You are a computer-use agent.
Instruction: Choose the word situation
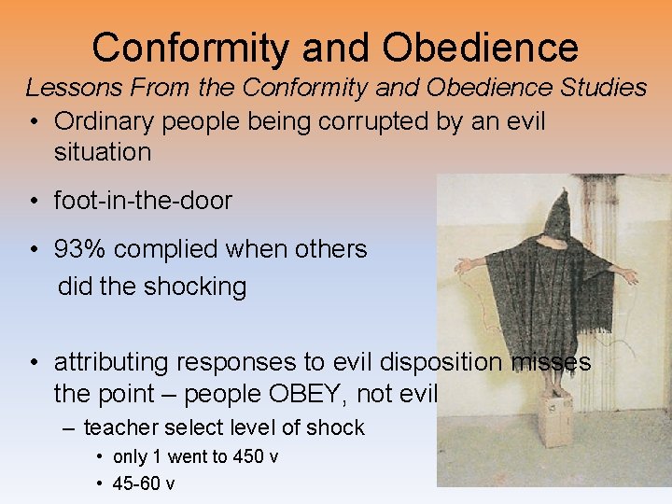pyautogui.click(x=103, y=151)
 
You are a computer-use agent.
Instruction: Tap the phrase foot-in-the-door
pyautogui.click(x=143, y=200)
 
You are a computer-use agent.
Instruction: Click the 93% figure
pyautogui.click(x=82, y=249)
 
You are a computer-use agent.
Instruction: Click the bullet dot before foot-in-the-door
pyautogui.click(x=34, y=201)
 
